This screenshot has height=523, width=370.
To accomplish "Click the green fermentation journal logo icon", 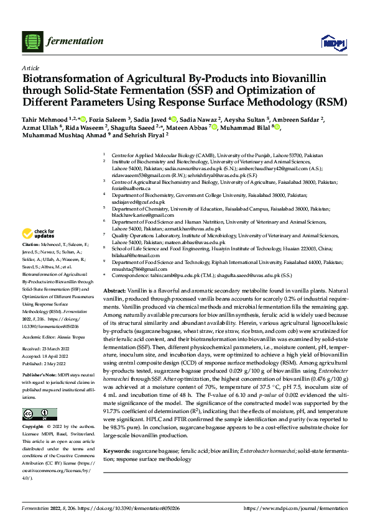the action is point(32,42).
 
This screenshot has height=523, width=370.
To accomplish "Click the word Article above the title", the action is point(30,68).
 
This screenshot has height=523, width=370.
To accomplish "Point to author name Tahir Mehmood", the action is point(45,120).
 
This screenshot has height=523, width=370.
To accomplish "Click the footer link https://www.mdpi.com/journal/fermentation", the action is point(295,508).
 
